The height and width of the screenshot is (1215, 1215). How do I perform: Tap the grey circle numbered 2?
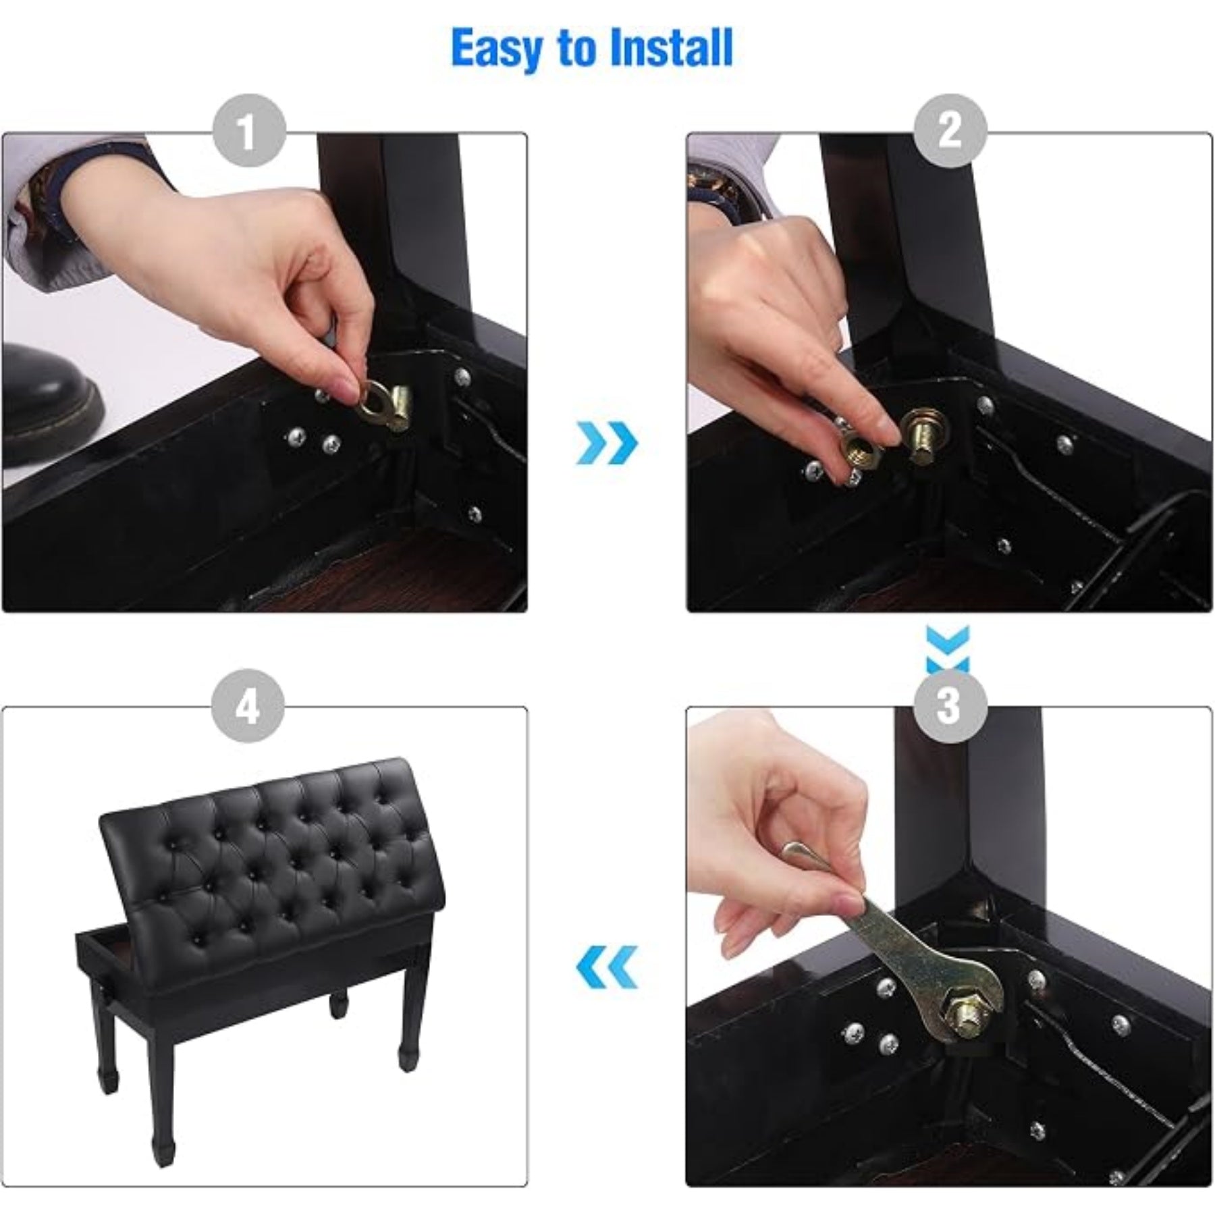click(x=950, y=130)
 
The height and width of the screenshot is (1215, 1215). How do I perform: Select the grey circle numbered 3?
click(x=950, y=705)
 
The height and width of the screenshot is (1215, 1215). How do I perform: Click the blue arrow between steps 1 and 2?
click(x=607, y=443)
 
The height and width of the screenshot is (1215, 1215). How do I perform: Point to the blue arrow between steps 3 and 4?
click(x=607, y=967)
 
